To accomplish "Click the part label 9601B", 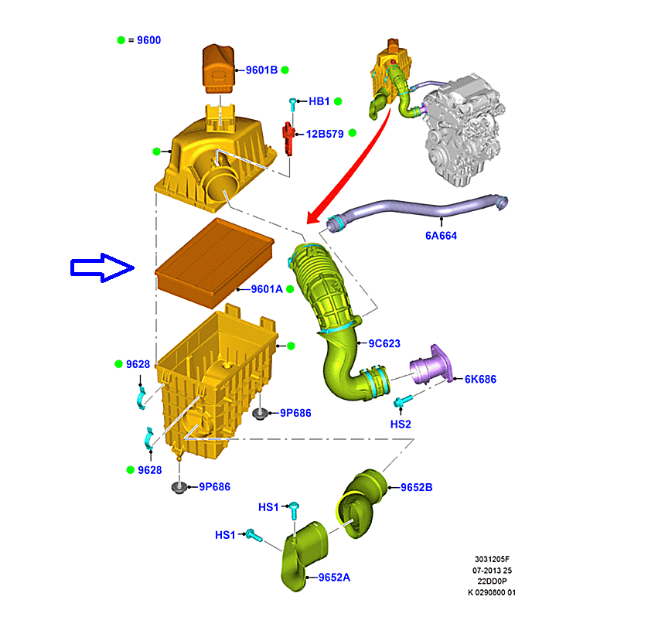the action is (x=261, y=70).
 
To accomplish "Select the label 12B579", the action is (x=325, y=134).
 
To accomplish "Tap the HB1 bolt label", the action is (x=319, y=101).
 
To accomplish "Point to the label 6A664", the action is (x=441, y=236).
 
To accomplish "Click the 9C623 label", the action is (x=384, y=343).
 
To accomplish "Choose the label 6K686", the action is (x=480, y=379).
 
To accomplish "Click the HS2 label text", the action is (x=401, y=424).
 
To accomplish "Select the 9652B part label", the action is (x=417, y=487).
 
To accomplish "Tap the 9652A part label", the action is (x=334, y=578).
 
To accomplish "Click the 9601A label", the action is (x=267, y=289).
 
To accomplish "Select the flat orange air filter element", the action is (x=215, y=263).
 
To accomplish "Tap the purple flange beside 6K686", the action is (x=431, y=366).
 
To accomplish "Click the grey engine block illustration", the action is (x=465, y=128).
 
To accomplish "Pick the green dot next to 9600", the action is (x=121, y=40).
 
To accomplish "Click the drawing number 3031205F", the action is (x=492, y=559).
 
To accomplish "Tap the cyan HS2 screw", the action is (x=403, y=401).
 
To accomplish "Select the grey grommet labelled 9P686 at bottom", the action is (x=179, y=487).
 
